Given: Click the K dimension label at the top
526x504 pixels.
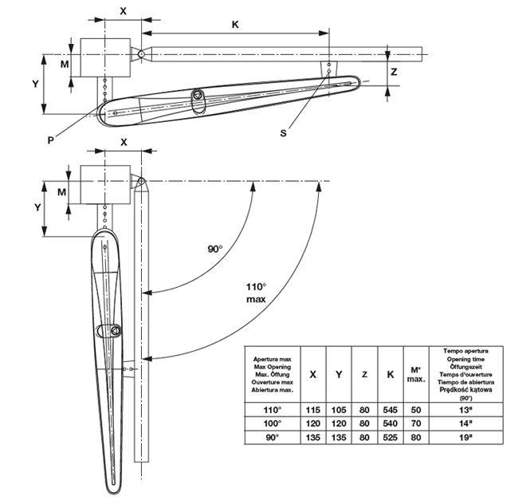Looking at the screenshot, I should point(236,24).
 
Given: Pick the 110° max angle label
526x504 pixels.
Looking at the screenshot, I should point(256,292).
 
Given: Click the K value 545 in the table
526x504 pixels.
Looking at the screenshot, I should point(390,409).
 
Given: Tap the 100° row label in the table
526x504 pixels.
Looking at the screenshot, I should point(273,423).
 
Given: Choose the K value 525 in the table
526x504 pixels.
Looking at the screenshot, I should point(390,438).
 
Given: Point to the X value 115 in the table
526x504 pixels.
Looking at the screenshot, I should point(313,409).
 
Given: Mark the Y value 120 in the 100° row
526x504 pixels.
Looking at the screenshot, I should point(339,423).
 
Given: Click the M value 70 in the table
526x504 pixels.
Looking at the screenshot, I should point(415,423).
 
